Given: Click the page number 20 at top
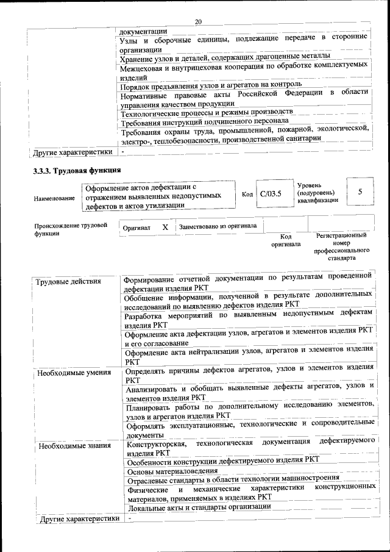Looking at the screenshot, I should pyautogui.click(x=198, y=22).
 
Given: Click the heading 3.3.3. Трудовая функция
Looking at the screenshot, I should pyautogui.click(x=77, y=170).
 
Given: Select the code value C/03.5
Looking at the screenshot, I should pyautogui.click(x=270, y=195).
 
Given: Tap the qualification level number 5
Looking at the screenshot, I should pyautogui.click(x=360, y=192).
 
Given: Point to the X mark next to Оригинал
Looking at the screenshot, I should pyautogui.click(x=165, y=227).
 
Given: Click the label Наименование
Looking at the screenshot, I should pyautogui.click(x=55, y=199).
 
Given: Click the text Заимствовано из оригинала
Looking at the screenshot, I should pyautogui.click(x=218, y=226).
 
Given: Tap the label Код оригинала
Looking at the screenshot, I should pyautogui.click(x=286, y=240).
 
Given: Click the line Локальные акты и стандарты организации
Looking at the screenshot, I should pyautogui.click(x=197, y=507).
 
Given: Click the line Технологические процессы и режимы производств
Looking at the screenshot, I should pyautogui.click(x=207, y=113).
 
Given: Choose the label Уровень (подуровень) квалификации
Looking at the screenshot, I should pyautogui.click(x=314, y=193).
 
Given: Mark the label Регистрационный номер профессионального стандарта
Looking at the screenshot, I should pyautogui.click(x=341, y=246).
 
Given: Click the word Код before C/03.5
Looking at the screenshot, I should pyautogui.click(x=247, y=195).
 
